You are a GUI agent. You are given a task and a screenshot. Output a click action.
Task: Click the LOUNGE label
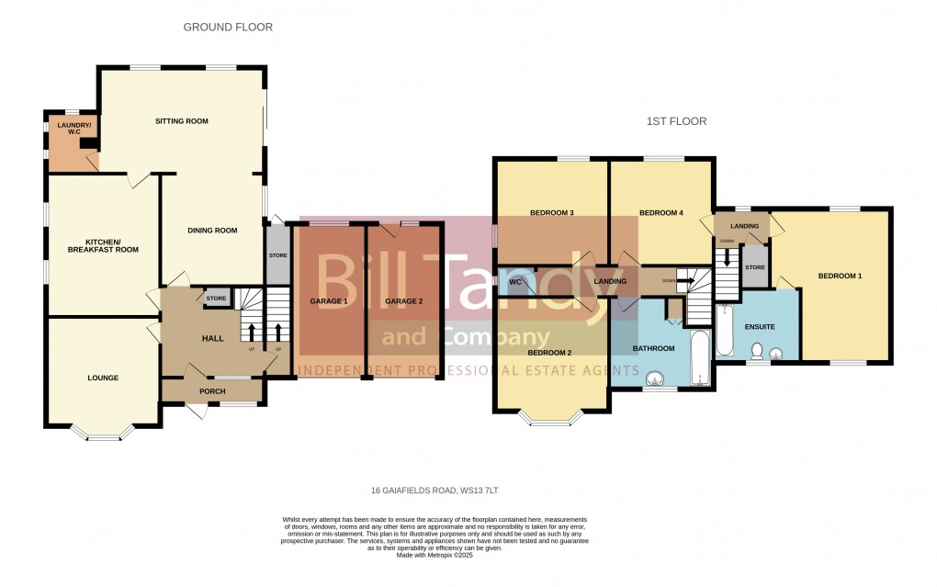[103, 378]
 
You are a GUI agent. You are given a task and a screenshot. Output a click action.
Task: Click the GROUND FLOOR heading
[228, 28]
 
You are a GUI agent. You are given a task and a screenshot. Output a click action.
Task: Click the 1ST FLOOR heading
[676, 121]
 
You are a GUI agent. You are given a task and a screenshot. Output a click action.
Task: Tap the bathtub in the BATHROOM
[699, 359]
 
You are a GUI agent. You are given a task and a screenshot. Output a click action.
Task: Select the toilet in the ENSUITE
[757, 351]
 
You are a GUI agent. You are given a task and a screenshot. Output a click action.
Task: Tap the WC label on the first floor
[515, 282]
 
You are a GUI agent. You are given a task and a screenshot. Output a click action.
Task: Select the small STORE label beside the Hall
[216, 299]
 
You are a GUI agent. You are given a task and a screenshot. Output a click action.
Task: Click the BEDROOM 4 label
[661, 213]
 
